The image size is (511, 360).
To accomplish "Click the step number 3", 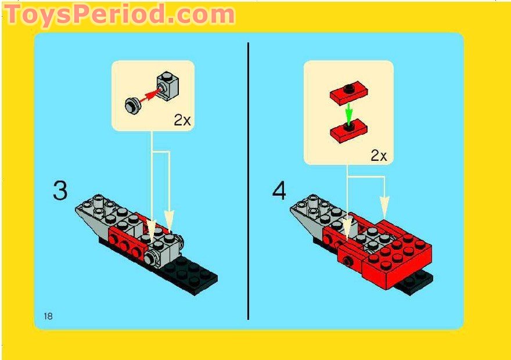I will click(60, 191).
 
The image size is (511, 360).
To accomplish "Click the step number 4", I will click(279, 191).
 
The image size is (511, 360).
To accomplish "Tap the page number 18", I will click(48, 316).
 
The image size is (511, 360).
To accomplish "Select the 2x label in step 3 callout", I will click(182, 120).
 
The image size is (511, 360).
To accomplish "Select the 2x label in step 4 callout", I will click(379, 155).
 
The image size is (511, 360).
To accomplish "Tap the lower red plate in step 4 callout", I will click(349, 129).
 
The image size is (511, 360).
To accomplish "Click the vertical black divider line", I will click(248, 180).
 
